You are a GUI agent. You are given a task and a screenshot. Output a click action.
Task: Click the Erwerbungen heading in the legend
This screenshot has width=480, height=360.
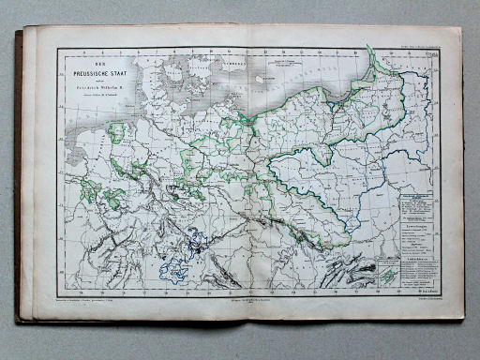pos(419,225)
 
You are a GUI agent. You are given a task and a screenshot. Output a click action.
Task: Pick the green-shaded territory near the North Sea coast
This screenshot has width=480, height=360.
pos(116,131)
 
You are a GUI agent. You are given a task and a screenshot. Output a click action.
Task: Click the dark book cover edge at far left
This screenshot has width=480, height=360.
pos(18,178)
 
